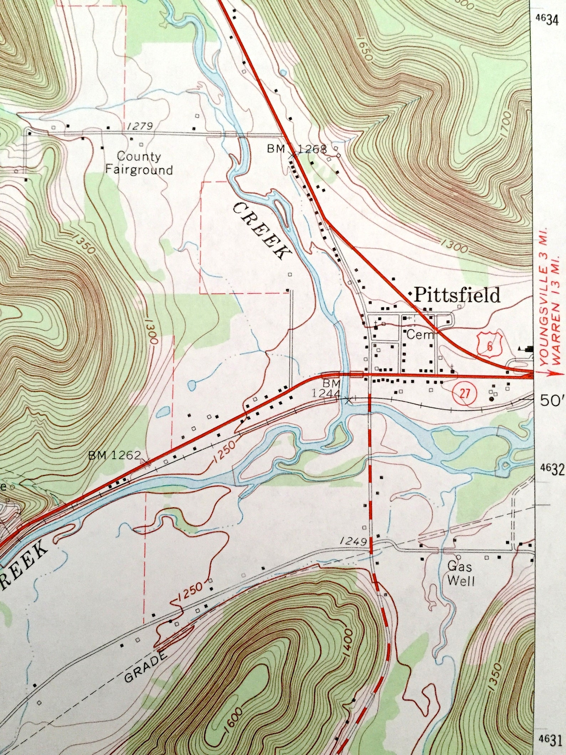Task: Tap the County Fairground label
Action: coord(139,163)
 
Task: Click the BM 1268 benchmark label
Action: coord(297,149)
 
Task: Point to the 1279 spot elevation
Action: coord(139,126)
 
